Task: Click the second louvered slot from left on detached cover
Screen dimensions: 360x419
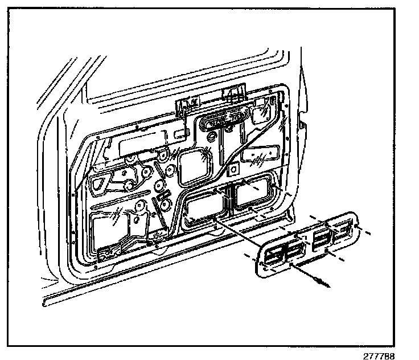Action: click(296, 247)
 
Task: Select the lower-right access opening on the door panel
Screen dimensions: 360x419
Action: click(254, 194)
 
